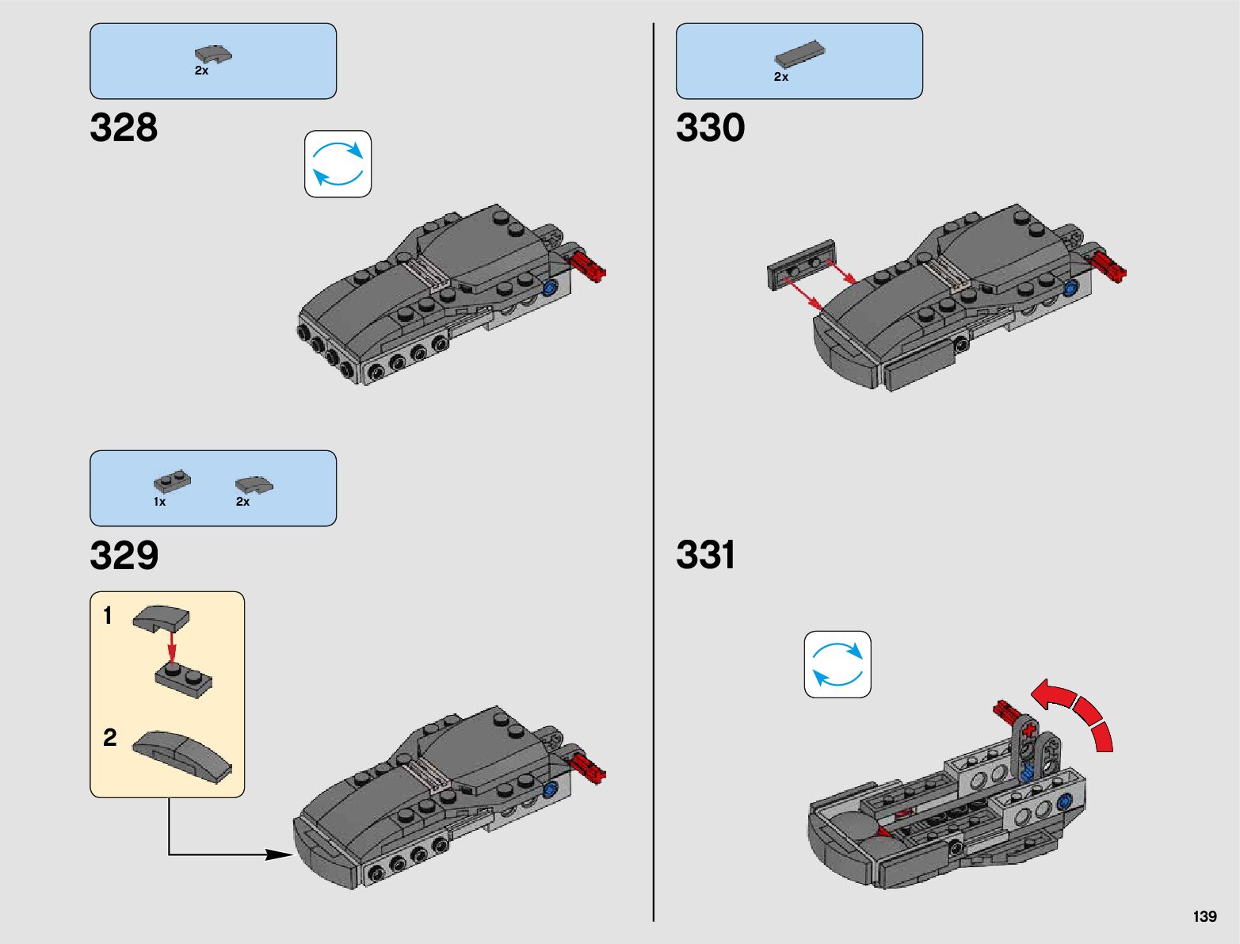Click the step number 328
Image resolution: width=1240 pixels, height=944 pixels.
point(124,128)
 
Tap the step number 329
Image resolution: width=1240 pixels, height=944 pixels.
point(124,555)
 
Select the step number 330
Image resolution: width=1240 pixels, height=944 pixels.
point(710,128)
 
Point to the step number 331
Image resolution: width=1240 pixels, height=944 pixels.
point(705,555)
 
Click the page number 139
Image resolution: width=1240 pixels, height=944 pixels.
point(1204,916)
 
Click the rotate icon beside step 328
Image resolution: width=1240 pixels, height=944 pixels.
point(338,164)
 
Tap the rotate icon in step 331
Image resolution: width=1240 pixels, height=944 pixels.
point(837,664)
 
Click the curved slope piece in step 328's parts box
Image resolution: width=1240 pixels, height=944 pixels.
point(213,55)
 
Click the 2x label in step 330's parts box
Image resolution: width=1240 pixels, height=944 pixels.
point(781,77)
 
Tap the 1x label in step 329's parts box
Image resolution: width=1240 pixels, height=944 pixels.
point(160,502)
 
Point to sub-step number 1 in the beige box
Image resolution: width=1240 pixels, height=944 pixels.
point(108,616)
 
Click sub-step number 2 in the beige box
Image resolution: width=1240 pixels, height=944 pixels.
point(110,738)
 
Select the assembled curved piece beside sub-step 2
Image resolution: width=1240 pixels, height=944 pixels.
point(182,756)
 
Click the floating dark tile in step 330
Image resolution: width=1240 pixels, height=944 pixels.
point(801,265)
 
